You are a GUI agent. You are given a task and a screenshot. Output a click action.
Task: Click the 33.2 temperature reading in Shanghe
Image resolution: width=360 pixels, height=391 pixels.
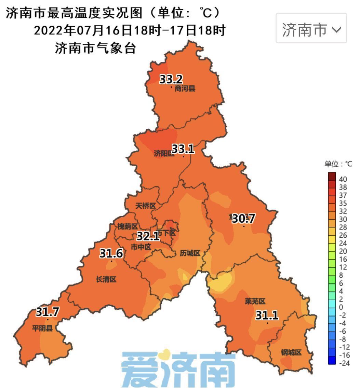point(171,80)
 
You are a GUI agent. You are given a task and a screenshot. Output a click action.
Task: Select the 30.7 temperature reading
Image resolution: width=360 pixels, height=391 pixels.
point(243,219)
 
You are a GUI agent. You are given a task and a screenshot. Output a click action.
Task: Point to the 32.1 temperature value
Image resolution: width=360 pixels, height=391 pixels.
point(148,236)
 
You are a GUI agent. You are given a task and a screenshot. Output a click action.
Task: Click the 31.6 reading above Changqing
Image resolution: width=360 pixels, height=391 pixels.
point(111,254)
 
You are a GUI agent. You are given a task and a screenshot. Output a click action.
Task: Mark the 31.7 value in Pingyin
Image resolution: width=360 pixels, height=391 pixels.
point(48,312)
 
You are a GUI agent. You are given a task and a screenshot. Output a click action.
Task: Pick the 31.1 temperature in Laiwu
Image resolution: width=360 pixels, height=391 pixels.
point(267,316)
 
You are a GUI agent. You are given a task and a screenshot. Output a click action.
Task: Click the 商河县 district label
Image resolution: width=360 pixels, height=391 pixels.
point(185,89)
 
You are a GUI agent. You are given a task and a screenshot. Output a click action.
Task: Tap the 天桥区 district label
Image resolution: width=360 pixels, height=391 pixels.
point(145,206)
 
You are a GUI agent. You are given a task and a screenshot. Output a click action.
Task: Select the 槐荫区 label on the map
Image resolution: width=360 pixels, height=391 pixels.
point(127,226)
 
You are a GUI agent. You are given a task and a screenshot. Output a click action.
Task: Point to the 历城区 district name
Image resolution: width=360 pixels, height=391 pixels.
point(190,253)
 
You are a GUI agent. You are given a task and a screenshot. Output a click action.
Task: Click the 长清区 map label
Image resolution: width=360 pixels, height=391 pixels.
point(106,279)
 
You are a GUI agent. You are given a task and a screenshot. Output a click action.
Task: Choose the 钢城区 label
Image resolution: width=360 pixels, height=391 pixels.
point(291,352)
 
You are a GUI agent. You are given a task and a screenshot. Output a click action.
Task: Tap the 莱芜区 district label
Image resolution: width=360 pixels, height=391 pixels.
point(255,301)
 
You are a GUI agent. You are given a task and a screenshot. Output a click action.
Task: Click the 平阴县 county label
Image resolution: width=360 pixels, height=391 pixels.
point(42,329)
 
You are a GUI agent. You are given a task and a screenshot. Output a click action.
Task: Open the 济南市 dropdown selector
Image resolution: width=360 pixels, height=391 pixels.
point(311,30)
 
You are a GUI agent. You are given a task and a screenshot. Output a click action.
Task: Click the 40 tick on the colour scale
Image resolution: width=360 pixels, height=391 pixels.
point(343,179)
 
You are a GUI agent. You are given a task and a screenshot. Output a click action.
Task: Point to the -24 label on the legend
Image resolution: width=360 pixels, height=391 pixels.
point(344,363)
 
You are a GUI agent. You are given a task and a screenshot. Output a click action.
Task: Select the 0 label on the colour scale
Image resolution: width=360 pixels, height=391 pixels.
point(341,307)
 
